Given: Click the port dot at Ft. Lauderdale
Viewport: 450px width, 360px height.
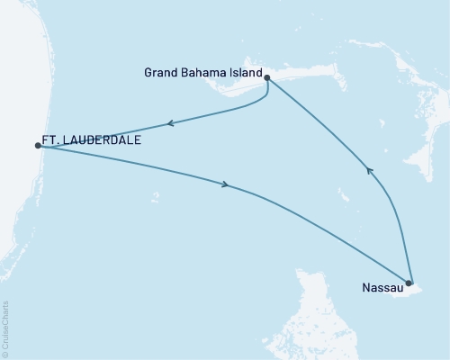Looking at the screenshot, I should coord(37,144).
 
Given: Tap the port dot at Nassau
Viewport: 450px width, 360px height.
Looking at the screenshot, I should coord(409,283).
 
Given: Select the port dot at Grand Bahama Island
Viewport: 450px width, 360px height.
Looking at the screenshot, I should coord(267,78).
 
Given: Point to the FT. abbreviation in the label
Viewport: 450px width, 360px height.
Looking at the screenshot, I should coord(52,142).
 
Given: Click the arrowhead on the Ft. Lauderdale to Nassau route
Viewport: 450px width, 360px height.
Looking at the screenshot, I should coord(226,184).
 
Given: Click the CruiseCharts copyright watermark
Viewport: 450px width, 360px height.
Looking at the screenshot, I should coord(6,328).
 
